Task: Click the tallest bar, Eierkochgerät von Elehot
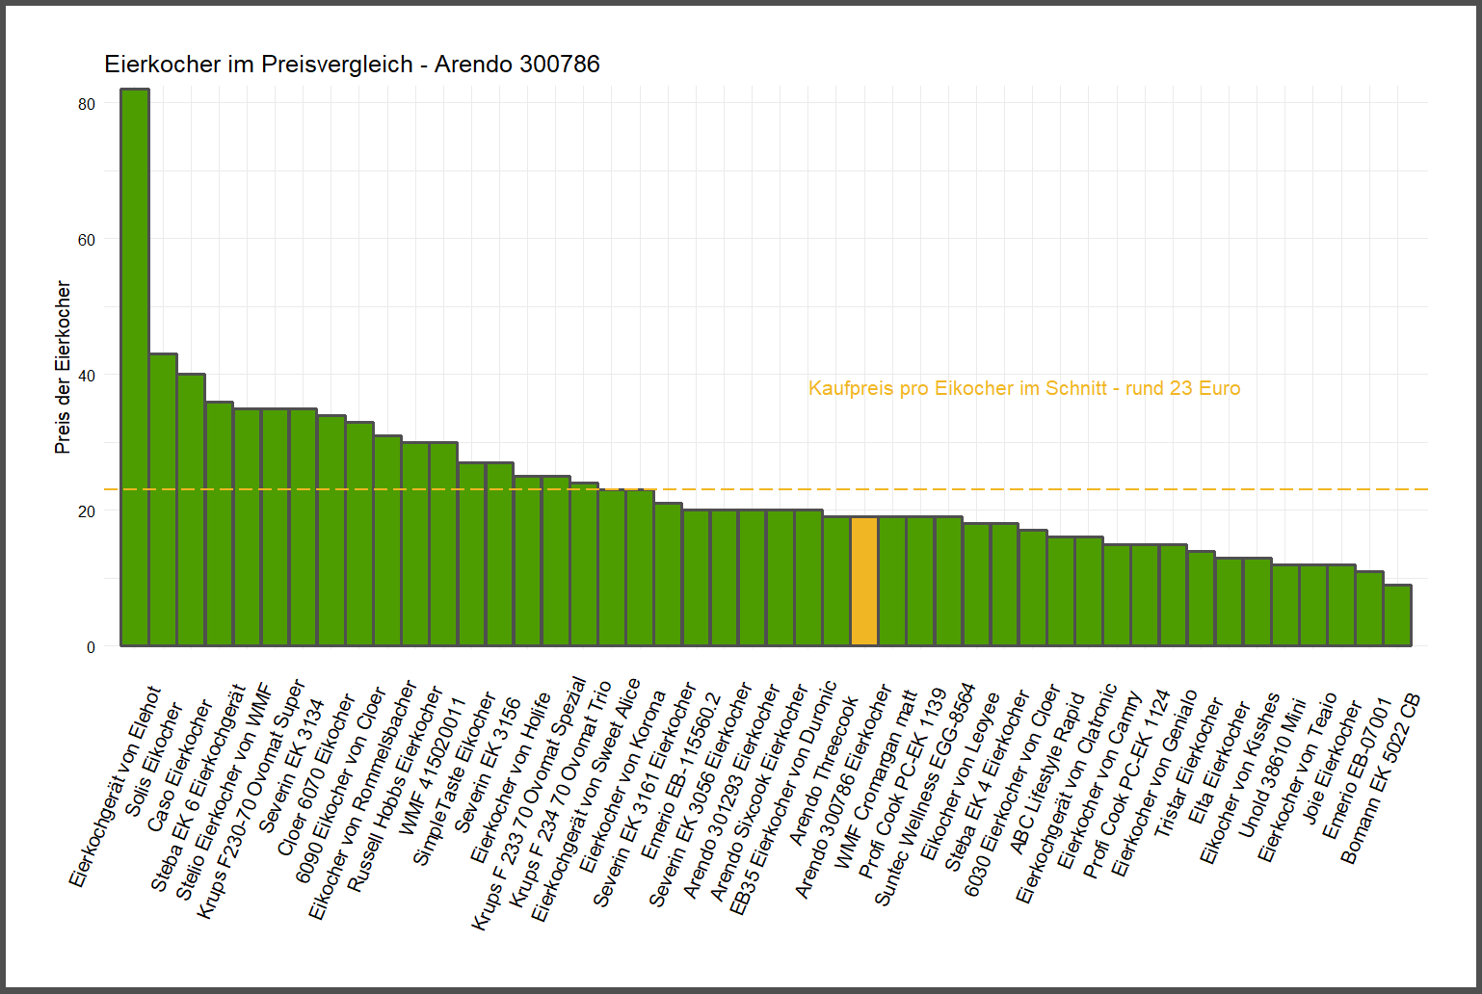coord(135,366)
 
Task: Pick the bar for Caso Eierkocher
coord(191,510)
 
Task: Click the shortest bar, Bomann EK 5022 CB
coord(1397,615)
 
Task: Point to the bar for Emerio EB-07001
coord(1369,609)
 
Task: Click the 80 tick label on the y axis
coord(87,104)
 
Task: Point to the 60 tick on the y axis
coord(87,240)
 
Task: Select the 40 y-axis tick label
coord(87,376)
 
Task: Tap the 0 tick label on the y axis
coord(91,647)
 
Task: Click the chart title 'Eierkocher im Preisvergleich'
coord(352,65)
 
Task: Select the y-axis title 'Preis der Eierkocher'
coord(64,367)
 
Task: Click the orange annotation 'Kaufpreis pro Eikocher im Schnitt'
coord(1023,388)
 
